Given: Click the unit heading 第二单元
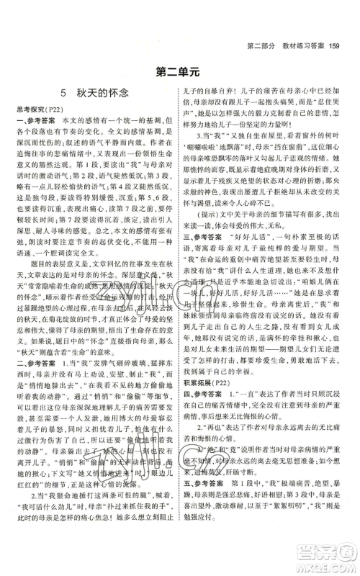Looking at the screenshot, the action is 180,71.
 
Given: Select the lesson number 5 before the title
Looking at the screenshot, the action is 44,92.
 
